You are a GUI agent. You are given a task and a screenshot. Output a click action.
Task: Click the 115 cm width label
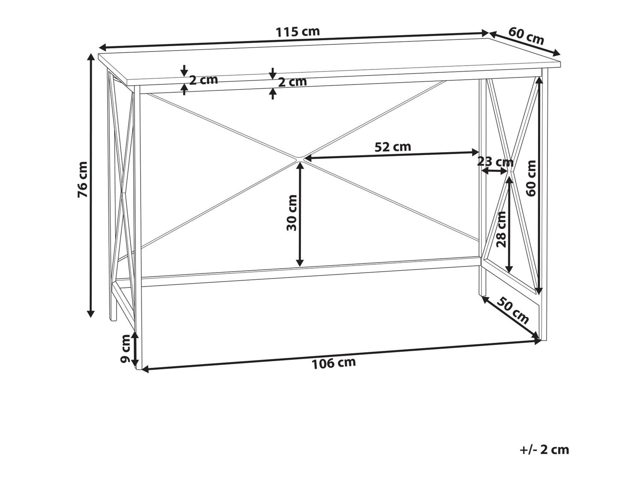click(298, 32)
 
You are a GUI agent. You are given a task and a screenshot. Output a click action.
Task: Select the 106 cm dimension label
click(334, 363)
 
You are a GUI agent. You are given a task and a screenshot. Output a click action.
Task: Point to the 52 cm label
click(393, 147)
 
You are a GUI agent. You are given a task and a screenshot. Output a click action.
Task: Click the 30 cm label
click(292, 213)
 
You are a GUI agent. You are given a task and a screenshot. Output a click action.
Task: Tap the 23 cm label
click(496, 162)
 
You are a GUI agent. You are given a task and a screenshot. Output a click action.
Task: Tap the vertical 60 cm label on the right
click(531, 178)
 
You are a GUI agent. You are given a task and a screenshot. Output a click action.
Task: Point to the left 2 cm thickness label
click(204, 80)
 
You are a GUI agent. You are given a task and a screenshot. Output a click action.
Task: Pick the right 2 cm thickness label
click(292, 82)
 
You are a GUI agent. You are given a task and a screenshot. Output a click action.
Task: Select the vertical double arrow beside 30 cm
click(299, 214)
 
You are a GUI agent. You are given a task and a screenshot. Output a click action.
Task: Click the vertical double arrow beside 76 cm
click(91, 186)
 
